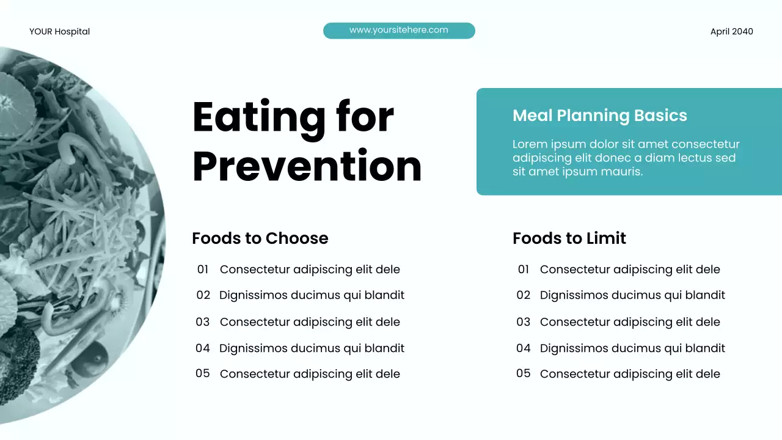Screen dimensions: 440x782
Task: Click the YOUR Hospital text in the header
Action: pyautogui.click(x=59, y=32)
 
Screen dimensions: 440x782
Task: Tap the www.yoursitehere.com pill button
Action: pyautogui.click(x=398, y=31)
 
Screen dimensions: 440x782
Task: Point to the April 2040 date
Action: pyautogui.click(x=731, y=32)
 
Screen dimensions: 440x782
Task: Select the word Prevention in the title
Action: pyautogui.click(x=307, y=166)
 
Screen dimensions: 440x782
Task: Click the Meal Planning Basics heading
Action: pyautogui.click(x=599, y=116)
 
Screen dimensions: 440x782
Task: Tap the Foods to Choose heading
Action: pyautogui.click(x=260, y=238)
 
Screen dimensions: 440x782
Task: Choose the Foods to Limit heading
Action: pyautogui.click(x=569, y=238)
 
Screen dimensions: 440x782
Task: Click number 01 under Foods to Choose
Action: pyautogui.click(x=203, y=269)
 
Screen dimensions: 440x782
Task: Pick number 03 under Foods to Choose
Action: pyautogui.click(x=203, y=322)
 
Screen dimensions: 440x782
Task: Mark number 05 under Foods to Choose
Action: pyautogui.click(x=203, y=373)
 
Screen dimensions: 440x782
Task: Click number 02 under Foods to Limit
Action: pyautogui.click(x=524, y=295)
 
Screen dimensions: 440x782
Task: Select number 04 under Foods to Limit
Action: pyautogui.click(x=524, y=348)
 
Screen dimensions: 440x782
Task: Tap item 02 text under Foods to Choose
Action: pyautogui.click(x=312, y=295)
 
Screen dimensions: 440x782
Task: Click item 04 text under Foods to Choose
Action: pyautogui.click(x=312, y=348)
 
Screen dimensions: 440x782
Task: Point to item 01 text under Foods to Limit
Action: pyautogui.click(x=630, y=269)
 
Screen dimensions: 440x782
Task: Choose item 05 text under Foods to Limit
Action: pyautogui.click(x=630, y=374)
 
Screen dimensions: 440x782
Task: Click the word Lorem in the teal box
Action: pyautogui.click(x=529, y=145)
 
